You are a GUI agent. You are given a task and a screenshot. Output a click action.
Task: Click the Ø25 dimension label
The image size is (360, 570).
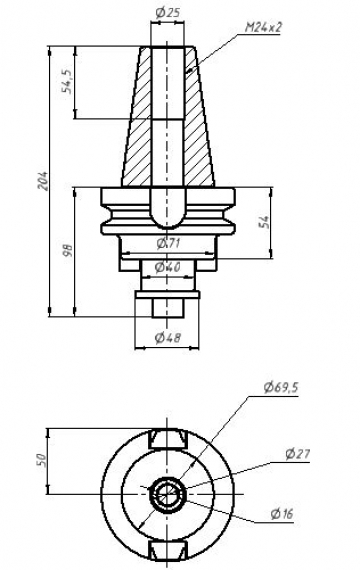(x=167, y=13)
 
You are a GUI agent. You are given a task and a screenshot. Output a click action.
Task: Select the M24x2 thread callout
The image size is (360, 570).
(x=263, y=27)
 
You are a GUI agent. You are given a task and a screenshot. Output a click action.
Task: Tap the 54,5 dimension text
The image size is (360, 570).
(x=67, y=82)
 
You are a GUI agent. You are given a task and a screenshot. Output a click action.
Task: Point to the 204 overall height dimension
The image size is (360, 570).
(x=43, y=180)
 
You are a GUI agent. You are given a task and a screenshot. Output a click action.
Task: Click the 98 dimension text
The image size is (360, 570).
(x=68, y=250)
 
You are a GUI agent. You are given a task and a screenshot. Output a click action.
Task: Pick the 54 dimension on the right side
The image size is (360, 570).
(x=264, y=222)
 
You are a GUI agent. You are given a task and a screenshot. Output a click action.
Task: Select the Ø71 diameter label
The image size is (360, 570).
(x=168, y=244)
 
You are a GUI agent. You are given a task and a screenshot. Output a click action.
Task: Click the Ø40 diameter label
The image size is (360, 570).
(x=167, y=267)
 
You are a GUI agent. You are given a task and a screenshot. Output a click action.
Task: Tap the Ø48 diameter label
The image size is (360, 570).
(x=167, y=338)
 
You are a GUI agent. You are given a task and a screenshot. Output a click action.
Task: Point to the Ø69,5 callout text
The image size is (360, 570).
(x=281, y=388)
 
